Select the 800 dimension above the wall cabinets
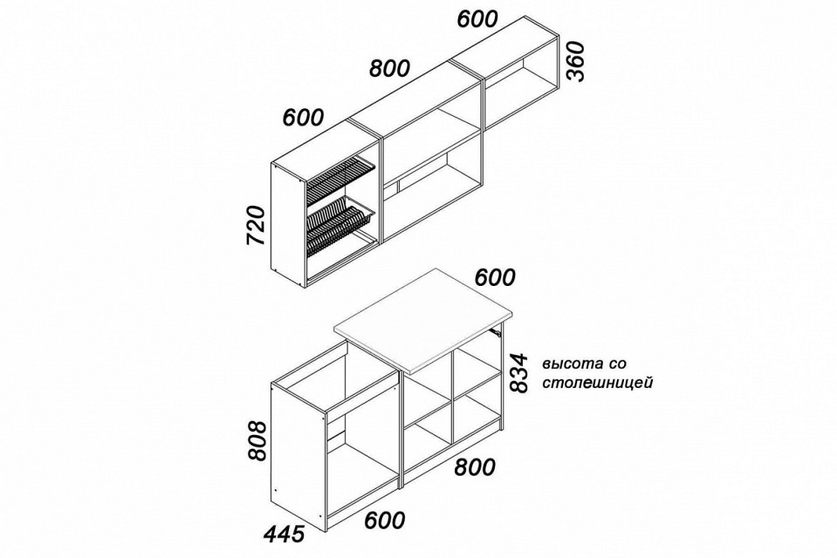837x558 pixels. pos(389,68)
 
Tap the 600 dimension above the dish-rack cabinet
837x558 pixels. pos(302,117)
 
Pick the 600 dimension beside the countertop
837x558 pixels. pos(495,277)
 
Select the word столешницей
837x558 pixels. pos(598,382)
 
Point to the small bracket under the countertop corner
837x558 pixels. pos(497,332)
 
